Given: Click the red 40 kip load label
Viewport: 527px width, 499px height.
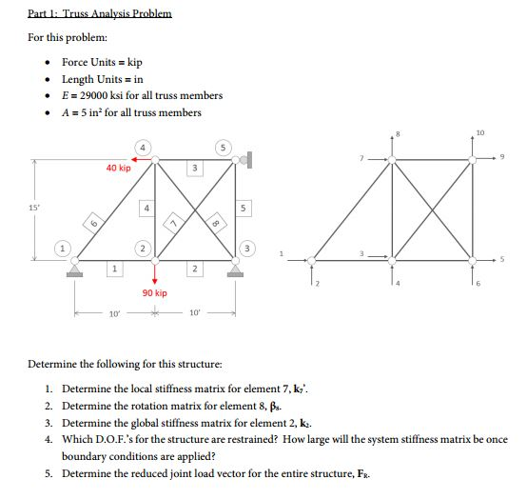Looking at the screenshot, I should (118, 168).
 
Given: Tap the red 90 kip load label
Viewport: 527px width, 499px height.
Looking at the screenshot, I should (154, 293).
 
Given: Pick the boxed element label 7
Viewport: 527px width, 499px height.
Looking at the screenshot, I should (174, 221).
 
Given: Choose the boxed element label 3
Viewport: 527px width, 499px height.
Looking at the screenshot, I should (194, 169).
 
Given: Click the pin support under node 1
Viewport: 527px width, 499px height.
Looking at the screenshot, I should (76, 269).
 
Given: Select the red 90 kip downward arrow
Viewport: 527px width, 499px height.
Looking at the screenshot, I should (154, 272).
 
